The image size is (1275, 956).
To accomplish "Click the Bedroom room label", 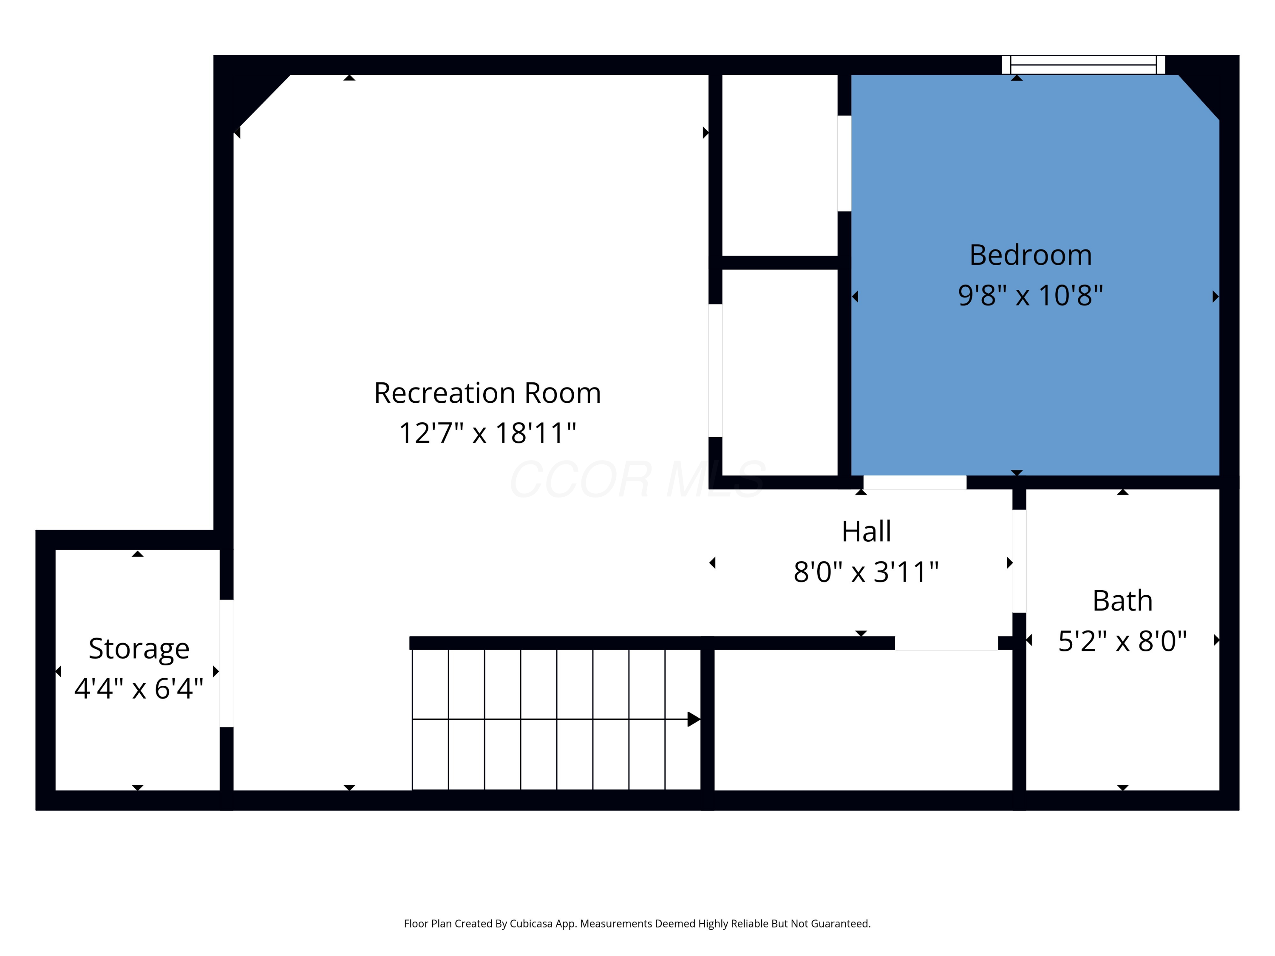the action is (1031, 255).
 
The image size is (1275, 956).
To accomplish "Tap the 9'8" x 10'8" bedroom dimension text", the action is (1030, 296).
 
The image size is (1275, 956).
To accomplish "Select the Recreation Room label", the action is (487, 393).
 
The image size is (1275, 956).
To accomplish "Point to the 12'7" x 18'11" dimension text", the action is (487, 433).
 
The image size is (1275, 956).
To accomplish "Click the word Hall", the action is (866, 531).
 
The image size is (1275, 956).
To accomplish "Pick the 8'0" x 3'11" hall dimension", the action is (866, 572).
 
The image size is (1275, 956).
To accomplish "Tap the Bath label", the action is (1122, 601).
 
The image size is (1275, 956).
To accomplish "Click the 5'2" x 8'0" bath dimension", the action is (1122, 641).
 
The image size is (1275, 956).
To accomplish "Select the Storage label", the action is (139, 649).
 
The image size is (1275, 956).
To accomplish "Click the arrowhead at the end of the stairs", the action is (694, 719).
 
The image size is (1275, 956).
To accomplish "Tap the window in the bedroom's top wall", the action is (1084, 65).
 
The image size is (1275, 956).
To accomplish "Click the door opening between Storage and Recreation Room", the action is (227, 663).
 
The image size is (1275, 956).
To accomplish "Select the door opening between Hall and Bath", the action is (1019, 561).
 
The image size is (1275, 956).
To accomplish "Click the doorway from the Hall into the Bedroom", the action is (915, 482).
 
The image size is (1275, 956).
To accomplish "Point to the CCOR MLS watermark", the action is (637, 479).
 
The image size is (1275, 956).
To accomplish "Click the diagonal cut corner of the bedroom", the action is (1199, 97).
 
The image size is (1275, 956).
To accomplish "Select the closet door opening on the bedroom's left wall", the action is (844, 164).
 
